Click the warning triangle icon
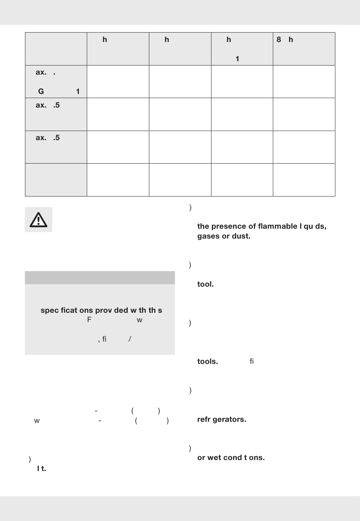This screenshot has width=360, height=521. [x=38, y=220]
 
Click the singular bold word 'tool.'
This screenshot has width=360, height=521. [x=205, y=284]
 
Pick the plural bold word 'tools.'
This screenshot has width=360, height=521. [x=207, y=362]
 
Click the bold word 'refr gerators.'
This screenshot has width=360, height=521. [x=222, y=420]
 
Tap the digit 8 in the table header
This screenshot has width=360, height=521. [x=279, y=40]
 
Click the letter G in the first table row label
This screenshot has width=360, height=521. [x=41, y=91]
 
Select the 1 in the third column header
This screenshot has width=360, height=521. [x=237, y=59]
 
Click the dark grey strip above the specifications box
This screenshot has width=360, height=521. [x=100, y=278]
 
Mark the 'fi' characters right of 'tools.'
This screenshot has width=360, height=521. [x=252, y=362]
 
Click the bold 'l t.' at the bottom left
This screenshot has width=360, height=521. [x=41, y=469]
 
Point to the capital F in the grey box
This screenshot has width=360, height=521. [x=89, y=320]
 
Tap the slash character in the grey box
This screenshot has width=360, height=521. [x=130, y=339]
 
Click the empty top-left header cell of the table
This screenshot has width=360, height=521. [x=56, y=49]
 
